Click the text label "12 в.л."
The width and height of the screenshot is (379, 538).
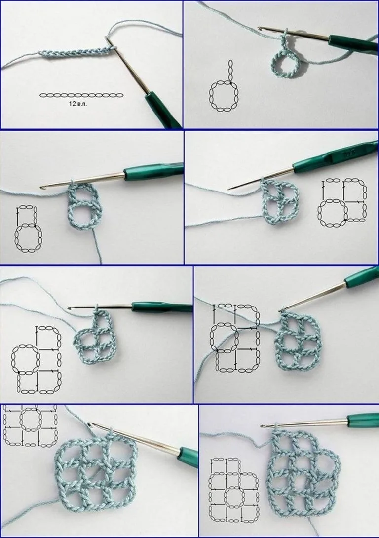coord(78,103)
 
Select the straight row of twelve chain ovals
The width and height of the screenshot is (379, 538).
coord(81,95)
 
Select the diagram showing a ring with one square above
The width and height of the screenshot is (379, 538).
coord(28,229)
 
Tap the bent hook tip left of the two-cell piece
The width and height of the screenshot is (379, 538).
coord(43,188)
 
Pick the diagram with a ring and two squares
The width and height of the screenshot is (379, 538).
coord(343,202)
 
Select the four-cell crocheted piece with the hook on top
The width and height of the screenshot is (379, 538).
coord(93,337)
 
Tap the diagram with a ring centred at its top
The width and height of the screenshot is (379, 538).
coord(30,425)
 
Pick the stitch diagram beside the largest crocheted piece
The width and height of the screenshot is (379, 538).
coord(233,489)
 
